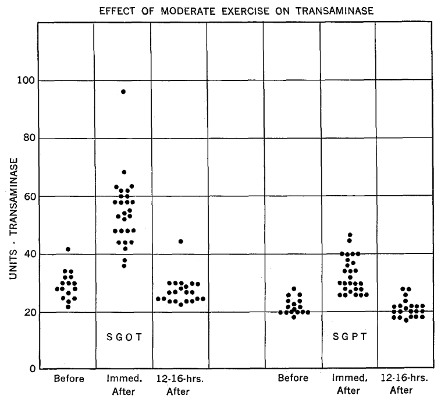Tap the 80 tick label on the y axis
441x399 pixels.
point(26,139)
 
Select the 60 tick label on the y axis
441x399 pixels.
point(26,196)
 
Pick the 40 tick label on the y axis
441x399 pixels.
point(26,254)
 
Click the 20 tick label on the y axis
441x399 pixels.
point(26,312)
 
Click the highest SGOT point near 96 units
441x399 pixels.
point(123,91)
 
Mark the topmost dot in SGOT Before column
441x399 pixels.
point(68,249)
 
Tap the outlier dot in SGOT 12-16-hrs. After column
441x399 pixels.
point(180,241)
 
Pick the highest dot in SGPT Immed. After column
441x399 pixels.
point(350,235)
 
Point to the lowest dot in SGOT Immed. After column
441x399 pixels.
point(123,266)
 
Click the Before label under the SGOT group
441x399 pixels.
point(69,379)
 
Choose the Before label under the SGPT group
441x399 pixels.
point(293,379)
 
